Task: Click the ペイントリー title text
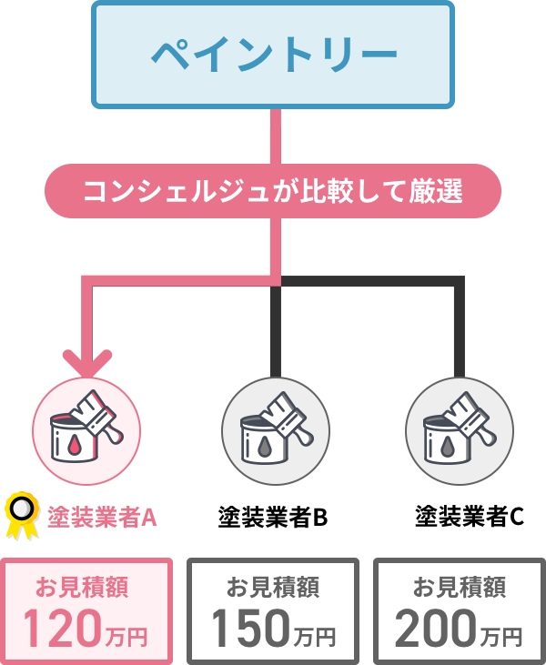point(273,55)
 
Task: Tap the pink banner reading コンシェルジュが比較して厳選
point(273,192)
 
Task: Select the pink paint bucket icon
point(86,429)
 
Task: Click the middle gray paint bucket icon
point(276,429)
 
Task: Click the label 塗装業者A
point(103,518)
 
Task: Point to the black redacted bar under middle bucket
point(273,517)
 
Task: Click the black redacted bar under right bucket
point(469,516)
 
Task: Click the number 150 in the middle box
point(248,628)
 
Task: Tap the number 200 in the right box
point(435,628)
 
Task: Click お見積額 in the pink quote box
point(86,587)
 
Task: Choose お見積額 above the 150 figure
point(273,587)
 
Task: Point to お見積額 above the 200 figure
point(460,587)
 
